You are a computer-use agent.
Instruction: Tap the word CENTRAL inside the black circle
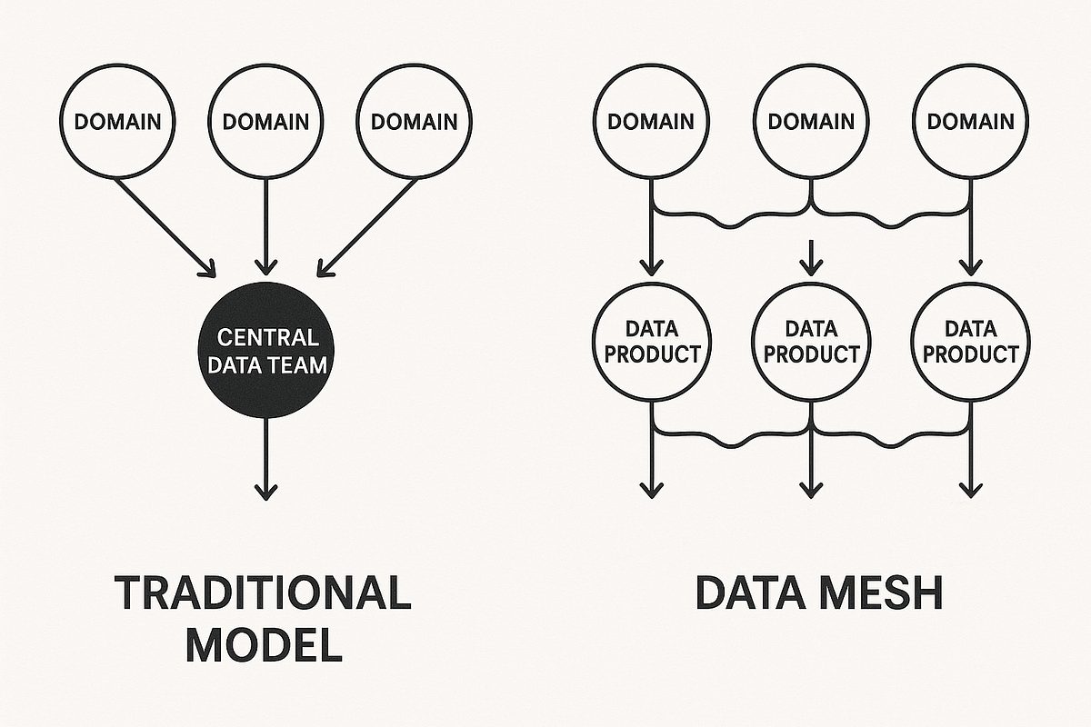coord(268,339)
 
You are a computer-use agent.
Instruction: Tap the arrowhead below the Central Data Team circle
coord(265,491)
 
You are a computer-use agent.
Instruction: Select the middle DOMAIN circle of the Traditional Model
coord(265,122)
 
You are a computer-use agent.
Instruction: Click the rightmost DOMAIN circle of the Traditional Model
coord(414,122)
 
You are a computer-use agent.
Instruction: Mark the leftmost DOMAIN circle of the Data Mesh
coord(651,122)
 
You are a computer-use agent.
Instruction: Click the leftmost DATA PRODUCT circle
coord(652,341)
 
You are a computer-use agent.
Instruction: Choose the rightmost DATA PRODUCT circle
coord(970,341)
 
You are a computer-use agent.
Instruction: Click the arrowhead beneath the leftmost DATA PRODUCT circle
coord(651,489)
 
